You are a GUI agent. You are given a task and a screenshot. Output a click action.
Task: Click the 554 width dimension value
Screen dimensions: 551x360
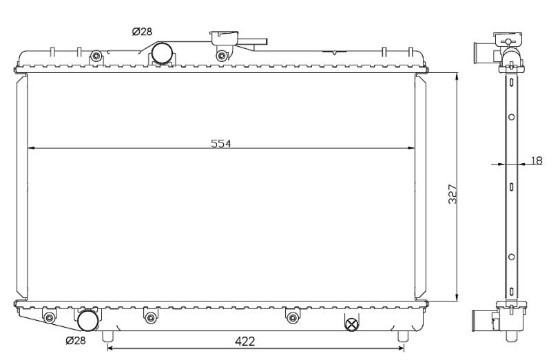221,143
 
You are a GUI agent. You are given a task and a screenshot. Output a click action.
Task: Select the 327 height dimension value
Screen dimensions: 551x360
453,194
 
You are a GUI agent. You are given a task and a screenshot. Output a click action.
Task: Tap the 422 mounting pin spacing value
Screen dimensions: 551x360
245,341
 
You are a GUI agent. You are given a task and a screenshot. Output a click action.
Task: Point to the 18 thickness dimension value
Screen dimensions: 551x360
537,160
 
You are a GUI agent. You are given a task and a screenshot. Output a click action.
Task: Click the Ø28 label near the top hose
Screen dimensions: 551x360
142,32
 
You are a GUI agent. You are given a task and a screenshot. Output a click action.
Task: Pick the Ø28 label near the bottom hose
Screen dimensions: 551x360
76,340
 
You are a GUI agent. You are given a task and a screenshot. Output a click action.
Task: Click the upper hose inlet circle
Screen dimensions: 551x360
162,53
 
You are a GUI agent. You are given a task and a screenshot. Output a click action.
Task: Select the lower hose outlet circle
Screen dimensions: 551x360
88,321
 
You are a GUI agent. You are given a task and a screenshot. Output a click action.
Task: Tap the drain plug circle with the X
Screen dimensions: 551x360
352,324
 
